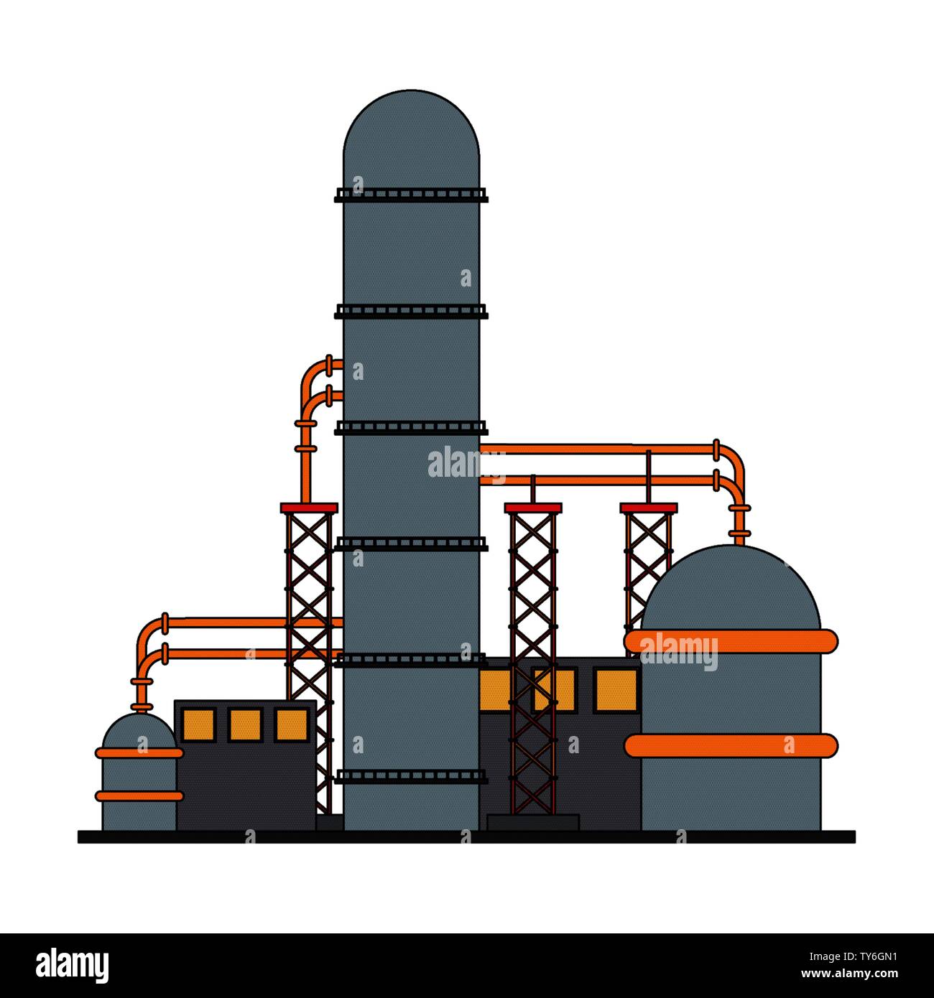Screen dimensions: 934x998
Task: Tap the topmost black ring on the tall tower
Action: [411, 195]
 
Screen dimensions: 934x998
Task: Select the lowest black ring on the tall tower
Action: [411, 776]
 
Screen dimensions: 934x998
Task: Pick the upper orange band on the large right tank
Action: [731, 641]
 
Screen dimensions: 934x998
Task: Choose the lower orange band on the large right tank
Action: [731, 745]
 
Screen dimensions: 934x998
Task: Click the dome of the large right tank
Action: [730, 588]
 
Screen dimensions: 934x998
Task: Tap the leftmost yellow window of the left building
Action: [199, 725]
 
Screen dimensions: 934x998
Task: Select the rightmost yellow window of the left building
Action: [292, 725]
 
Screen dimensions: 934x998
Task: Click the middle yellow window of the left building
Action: [245, 725]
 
